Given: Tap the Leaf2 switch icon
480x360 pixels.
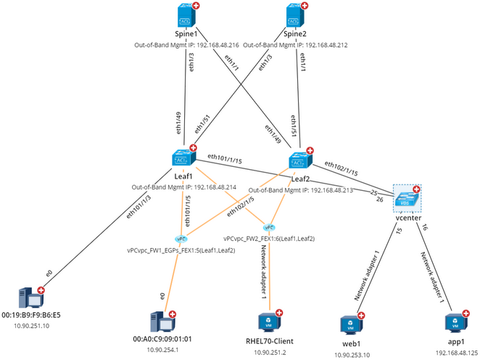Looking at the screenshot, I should tap(299, 160).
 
